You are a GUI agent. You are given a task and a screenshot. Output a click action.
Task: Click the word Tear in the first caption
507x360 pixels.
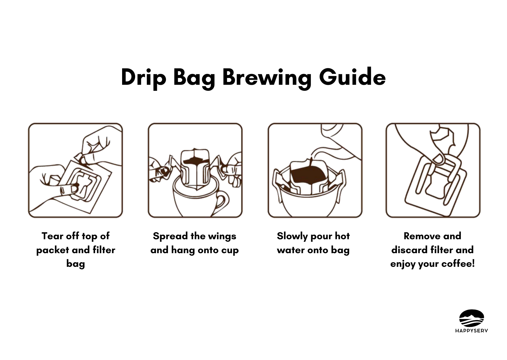(x=52, y=236)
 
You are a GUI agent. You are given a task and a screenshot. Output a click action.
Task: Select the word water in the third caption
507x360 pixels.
(x=291, y=250)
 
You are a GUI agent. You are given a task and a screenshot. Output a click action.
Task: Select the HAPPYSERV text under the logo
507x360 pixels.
(x=472, y=331)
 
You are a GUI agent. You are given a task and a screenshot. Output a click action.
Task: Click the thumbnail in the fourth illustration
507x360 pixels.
(x=438, y=159)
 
